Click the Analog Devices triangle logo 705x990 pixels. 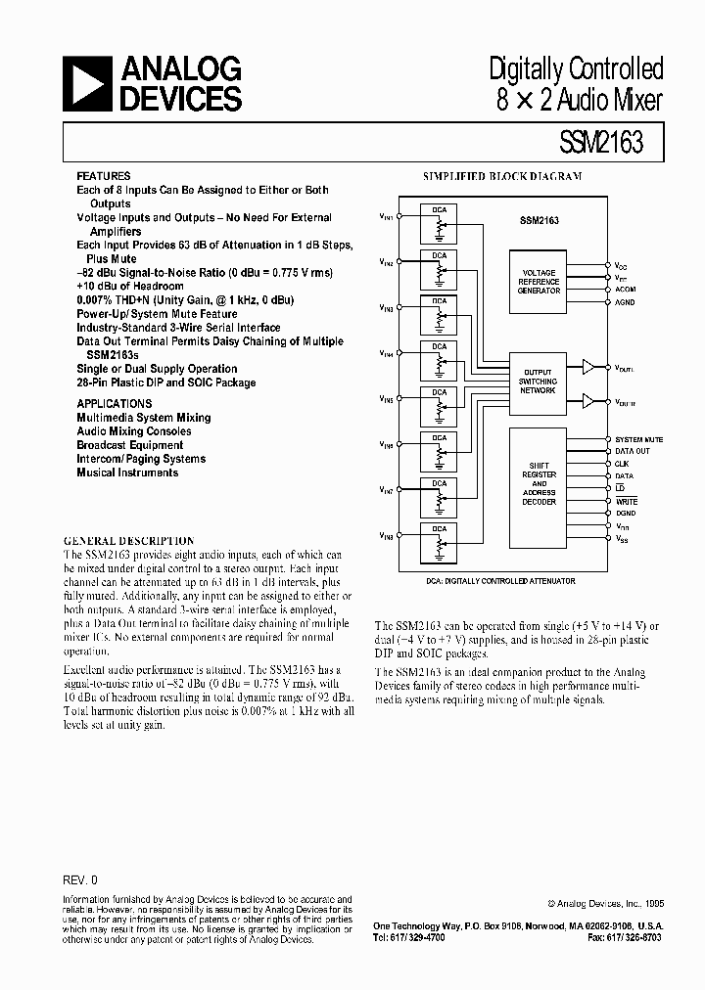coord(89,83)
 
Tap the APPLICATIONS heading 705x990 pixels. coord(115,403)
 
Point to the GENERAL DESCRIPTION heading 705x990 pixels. coord(128,541)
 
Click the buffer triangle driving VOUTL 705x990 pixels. coord(587,367)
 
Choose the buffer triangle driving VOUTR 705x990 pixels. coord(587,400)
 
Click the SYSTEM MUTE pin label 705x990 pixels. coord(638,439)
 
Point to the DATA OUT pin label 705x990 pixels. coord(632,451)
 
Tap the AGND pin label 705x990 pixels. coord(625,301)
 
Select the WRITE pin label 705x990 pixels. coord(626,501)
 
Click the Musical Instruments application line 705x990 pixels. coord(127,472)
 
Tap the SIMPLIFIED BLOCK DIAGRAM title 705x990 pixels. coord(501,177)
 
